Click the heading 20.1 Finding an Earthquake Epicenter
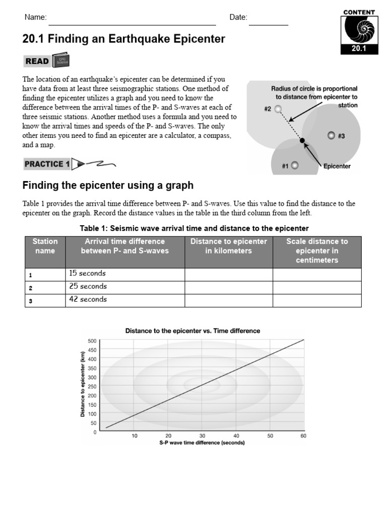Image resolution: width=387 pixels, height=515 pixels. (x=124, y=39)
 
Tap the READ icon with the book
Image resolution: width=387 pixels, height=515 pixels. (x=46, y=61)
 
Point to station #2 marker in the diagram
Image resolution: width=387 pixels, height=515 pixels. (x=278, y=109)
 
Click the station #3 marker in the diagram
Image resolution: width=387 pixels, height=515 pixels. (x=331, y=135)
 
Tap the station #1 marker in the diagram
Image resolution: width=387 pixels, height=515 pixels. (x=295, y=165)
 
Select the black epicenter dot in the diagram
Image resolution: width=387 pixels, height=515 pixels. (x=302, y=141)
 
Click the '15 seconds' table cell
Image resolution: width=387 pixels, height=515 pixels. (x=125, y=274)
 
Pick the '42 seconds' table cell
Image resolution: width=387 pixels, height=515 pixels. (x=125, y=300)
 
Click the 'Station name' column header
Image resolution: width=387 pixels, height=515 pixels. (x=45, y=246)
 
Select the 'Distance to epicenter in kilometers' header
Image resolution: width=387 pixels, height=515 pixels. (x=229, y=246)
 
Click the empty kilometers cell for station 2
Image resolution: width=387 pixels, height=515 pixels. (x=229, y=287)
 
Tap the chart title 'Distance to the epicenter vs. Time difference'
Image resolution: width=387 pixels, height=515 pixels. (x=192, y=331)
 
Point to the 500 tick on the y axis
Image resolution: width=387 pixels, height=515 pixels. (x=92, y=341)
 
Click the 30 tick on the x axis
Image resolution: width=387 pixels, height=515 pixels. (x=202, y=436)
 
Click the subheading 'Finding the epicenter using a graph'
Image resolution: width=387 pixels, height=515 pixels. (x=108, y=186)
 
